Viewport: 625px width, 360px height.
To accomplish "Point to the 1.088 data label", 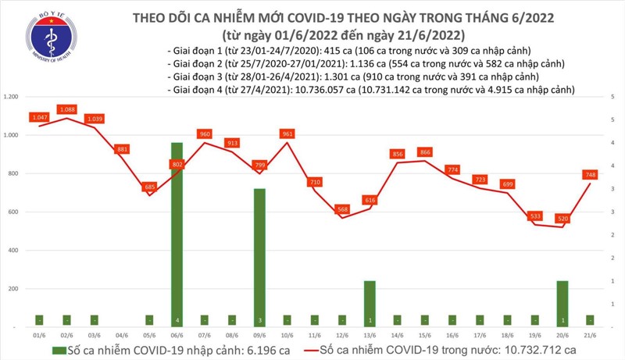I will pyautogui.click(x=66, y=110).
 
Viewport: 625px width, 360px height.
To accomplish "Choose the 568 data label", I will pyautogui.click(x=341, y=209).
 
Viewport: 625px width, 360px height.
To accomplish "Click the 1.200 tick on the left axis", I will pyautogui.click(x=11, y=97).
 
